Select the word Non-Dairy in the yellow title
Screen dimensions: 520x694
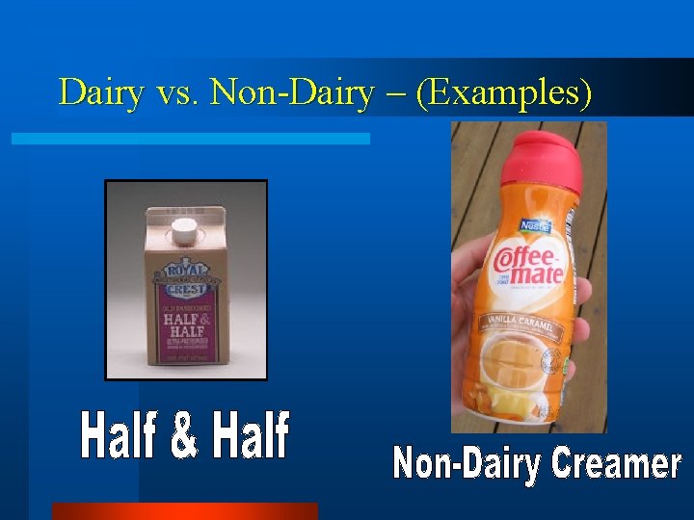(x=291, y=92)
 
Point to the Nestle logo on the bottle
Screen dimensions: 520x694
(x=536, y=226)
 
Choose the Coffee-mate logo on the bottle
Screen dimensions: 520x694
(x=527, y=263)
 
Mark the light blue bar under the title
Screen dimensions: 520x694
(x=190, y=139)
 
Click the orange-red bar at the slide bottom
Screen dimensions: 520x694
(x=184, y=510)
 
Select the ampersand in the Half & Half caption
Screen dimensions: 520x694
(x=185, y=436)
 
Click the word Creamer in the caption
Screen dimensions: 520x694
(x=616, y=463)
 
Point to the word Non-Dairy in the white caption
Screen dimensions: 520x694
(x=467, y=465)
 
